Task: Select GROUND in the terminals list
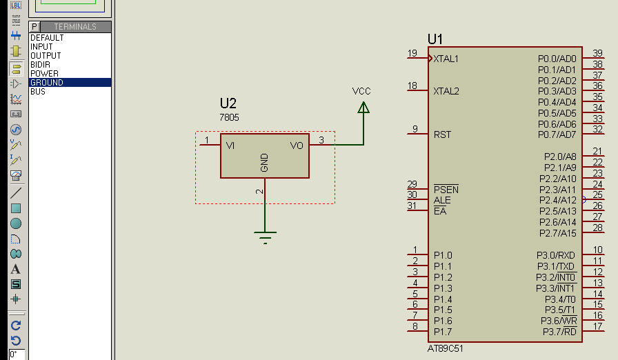(47, 83)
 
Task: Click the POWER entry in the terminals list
(44, 74)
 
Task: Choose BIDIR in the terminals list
(40, 65)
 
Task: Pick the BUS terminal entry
(38, 92)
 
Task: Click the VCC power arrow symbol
(363, 107)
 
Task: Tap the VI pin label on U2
(230, 146)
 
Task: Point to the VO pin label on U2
(297, 146)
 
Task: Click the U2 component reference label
(228, 103)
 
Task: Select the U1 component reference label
(435, 39)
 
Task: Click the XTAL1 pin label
(446, 59)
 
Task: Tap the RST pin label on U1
(442, 134)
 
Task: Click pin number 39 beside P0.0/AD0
(597, 54)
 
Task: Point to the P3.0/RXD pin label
(557, 255)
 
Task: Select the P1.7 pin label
(443, 332)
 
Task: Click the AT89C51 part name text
(446, 348)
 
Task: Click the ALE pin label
(442, 200)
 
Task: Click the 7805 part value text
(229, 118)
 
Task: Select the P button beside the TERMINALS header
(34, 27)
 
